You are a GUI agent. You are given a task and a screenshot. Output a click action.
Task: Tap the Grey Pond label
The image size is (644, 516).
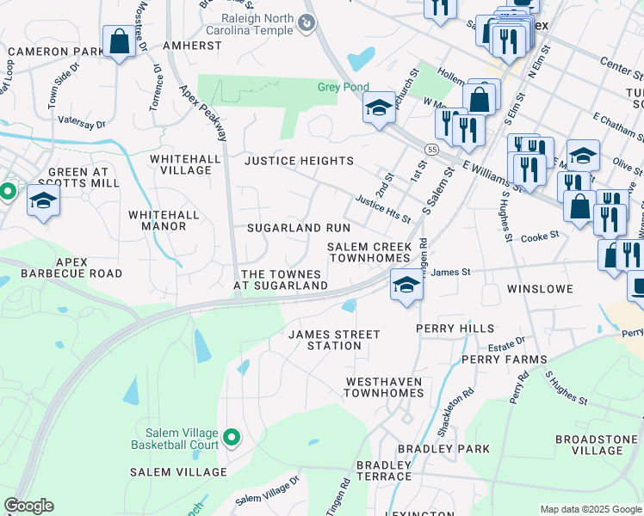tap(343, 87)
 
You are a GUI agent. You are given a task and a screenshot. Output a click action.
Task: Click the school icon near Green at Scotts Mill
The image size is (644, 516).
tap(43, 201)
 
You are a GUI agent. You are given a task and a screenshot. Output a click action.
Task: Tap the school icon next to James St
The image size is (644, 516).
tap(406, 285)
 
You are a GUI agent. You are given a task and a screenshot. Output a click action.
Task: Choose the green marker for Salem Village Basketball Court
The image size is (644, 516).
tap(232, 439)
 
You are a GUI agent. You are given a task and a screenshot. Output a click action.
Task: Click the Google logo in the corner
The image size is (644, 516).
tap(29, 506)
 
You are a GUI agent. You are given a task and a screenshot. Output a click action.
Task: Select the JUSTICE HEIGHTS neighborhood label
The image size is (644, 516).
tap(299, 161)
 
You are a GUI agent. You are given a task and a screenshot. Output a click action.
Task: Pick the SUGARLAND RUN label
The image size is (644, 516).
tap(299, 228)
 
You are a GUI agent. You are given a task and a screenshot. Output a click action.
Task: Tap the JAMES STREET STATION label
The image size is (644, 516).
tap(334, 340)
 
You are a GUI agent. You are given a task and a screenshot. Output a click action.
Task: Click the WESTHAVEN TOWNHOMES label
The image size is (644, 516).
tap(384, 387)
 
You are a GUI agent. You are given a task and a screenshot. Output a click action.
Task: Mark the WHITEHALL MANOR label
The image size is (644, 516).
tap(164, 220)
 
